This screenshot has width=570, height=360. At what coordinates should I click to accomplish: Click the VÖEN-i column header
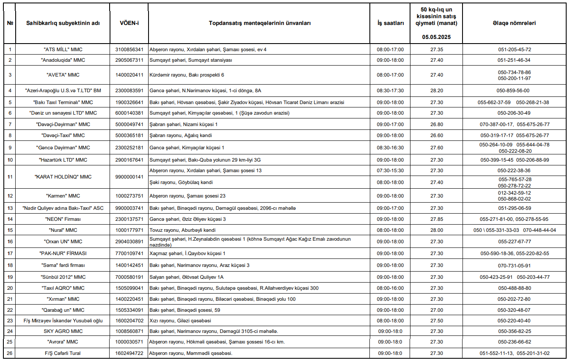coord(129,23)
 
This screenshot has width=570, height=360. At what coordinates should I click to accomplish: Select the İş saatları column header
coord(390,23)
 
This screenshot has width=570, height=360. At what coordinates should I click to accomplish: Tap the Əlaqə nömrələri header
coord(514,23)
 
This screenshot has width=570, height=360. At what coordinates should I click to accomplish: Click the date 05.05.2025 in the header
coord(436,37)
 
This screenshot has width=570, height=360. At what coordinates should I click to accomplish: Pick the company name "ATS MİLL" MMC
coord(63,49)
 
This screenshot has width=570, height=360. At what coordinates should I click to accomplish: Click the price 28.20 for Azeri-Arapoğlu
coord(437,91)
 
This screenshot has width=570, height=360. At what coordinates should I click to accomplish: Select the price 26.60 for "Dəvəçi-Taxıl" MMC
coord(437,135)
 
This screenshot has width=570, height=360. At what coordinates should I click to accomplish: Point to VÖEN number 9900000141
coord(129,177)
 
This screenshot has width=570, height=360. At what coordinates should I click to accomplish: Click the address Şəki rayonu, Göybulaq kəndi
coord(181,182)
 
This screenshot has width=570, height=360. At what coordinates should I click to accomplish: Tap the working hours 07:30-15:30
coord(390,170)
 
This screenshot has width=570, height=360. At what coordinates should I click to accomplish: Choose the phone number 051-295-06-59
coord(514,208)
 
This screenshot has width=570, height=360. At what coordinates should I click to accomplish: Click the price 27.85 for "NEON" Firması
coord(437,219)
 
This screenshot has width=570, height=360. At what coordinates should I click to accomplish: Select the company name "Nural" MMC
coord(63,230)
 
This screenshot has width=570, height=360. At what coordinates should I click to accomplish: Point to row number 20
coord(10,288)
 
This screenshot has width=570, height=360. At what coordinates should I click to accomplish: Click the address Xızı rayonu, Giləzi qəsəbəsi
coord(180,321)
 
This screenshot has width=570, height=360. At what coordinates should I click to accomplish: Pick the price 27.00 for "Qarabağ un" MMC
coord(437,310)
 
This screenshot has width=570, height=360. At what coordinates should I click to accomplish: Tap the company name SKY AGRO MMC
coord(63,331)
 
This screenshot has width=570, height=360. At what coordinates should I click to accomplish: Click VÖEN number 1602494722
coord(129,353)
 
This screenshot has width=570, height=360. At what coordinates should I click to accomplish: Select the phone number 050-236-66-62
coord(514,342)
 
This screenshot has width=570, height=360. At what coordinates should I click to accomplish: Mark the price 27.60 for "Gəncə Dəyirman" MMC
coord(437,148)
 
